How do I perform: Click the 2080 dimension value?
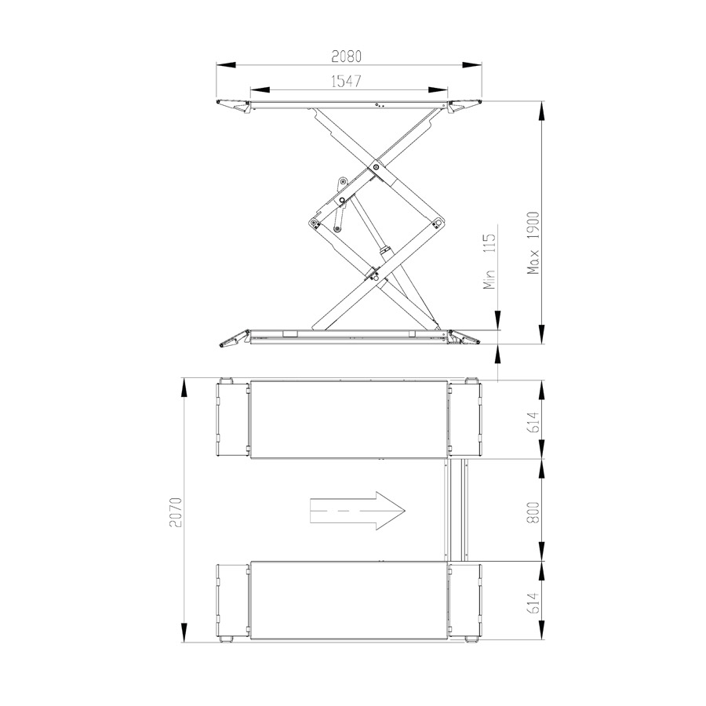click(346, 56)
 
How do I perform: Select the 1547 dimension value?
click(346, 82)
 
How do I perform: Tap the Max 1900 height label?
click(534, 243)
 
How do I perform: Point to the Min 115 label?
click(489, 260)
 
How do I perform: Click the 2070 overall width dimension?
click(176, 512)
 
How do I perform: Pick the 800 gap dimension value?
click(533, 512)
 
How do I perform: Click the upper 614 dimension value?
click(533, 422)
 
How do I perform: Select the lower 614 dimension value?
click(533, 603)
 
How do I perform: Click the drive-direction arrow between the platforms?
click(358, 511)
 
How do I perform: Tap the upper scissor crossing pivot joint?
click(376, 168)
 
